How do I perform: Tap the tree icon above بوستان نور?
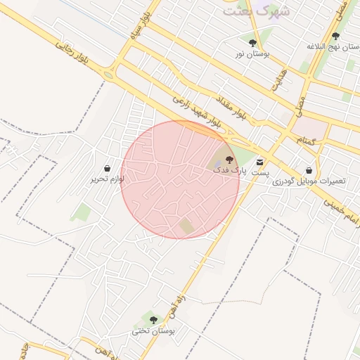click(252, 43)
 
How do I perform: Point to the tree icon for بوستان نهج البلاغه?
click(335, 36)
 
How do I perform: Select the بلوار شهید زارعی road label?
click(199, 110)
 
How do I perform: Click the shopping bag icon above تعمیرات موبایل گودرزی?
click(309, 170)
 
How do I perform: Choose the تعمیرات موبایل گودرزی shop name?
click(309, 181)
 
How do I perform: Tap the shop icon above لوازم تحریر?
click(107, 169)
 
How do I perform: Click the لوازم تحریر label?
click(107, 179)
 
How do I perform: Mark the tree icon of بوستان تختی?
click(153, 320)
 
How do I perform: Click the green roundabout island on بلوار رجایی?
click(108, 75)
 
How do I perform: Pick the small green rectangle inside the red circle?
click(186, 226)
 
